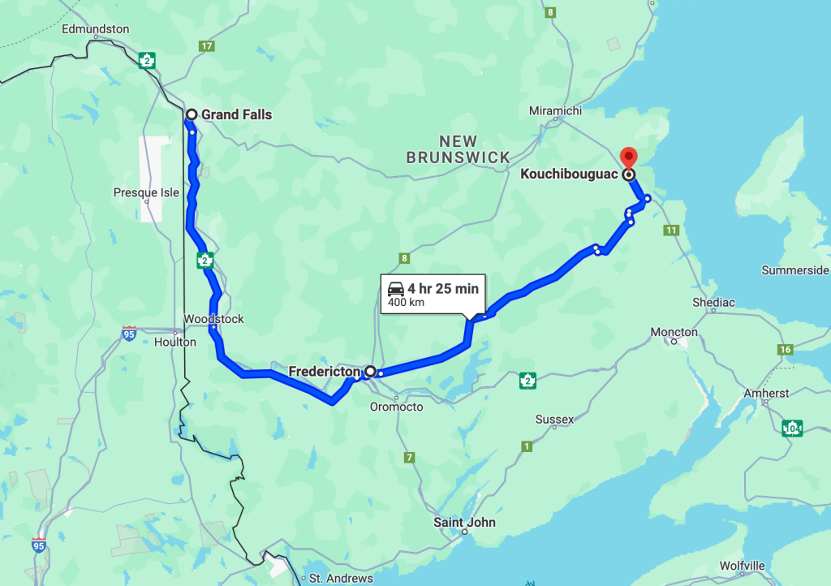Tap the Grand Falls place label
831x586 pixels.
pos(236,114)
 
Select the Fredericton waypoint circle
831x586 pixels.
pos(370,372)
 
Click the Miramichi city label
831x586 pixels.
pos(556,110)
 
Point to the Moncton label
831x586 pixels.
pos(674,332)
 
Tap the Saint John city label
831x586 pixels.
pos(464,522)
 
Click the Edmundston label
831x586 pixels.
pos(96,29)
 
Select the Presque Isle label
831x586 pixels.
pos(146,193)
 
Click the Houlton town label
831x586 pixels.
pos(175,342)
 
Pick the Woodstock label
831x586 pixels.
pos(213,319)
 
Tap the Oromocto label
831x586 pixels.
pos(396,407)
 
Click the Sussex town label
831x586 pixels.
pos(554,420)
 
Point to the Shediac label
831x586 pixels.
pos(713,303)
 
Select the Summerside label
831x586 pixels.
pos(795,270)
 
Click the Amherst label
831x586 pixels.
pos(766,394)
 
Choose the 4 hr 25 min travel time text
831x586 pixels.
pos(443,288)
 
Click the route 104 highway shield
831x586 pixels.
pos(793,428)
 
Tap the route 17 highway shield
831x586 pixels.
pos(207,46)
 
